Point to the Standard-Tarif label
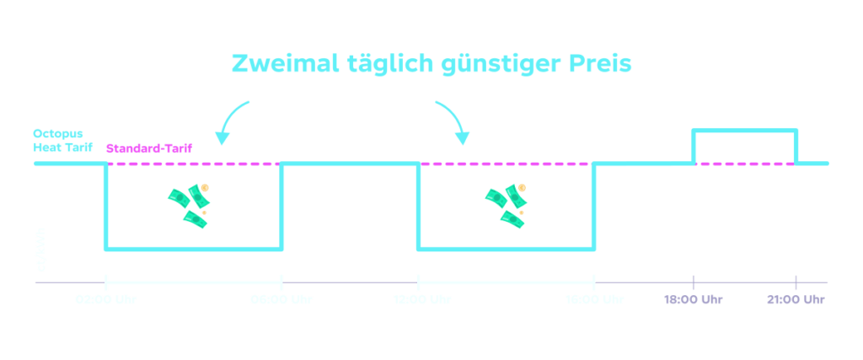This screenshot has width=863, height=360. coord(149,148)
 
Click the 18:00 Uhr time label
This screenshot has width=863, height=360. coord(693,299)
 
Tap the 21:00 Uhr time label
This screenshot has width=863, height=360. coord(796,299)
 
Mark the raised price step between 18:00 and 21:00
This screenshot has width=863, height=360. coord(744,131)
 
